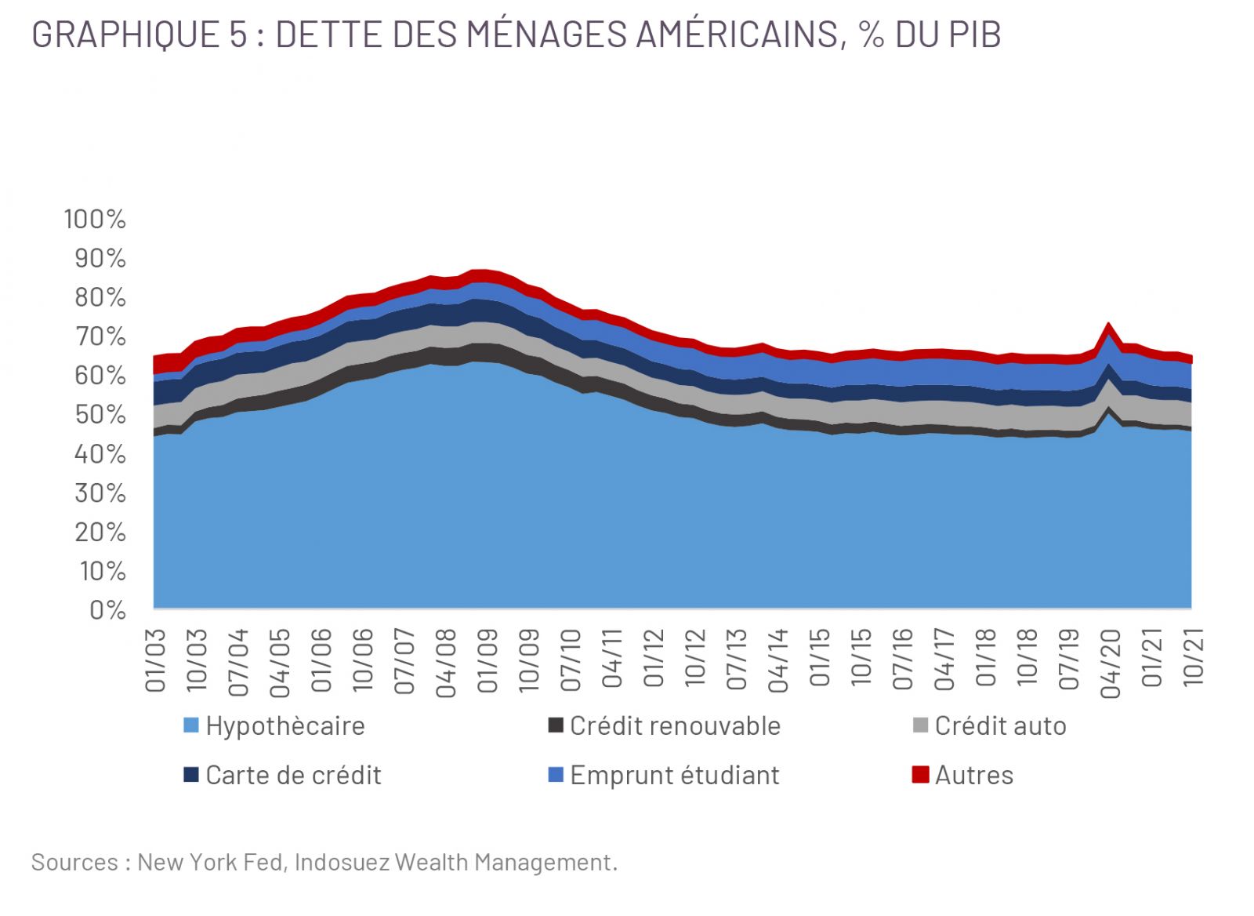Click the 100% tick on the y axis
pyautogui.click(x=95, y=219)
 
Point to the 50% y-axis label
pyautogui.click(x=100, y=414)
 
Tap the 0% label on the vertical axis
pyautogui.click(x=107, y=609)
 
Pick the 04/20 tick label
pyautogui.click(x=1110, y=662)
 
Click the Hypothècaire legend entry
pyautogui.click(x=285, y=725)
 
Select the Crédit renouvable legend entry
pyautogui.click(x=674, y=725)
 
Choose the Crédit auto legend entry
pyautogui.click(x=999, y=725)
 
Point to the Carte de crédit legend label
pyautogui.click(x=292, y=775)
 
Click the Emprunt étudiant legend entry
pyautogui.click(x=674, y=775)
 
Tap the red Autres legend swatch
pyautogui.click(x=920, y=774)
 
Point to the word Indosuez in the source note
pyautogui.click(x=342, y=862)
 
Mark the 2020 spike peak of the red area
pyautogui.click(x=1108, y=324)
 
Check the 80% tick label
pyautogui.click(x=100, y=297)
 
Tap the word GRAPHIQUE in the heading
pyautogui.click(x=126, y=35)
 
